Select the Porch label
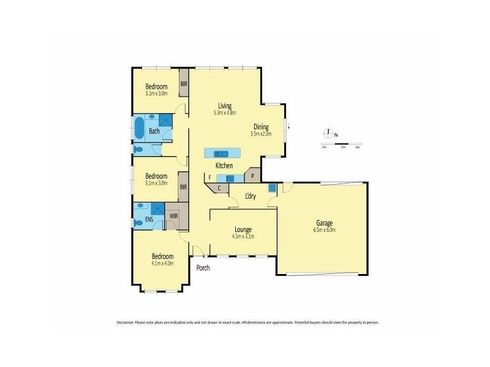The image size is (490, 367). point(203,267)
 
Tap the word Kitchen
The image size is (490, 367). point(224,166)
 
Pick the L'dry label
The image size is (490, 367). point(250,196)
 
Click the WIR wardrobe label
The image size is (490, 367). point(174,216)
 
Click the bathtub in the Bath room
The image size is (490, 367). point(140,130)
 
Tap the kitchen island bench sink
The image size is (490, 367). point(222,153)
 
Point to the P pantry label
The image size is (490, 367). point(252,176)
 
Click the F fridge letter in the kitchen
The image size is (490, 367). point(209,177)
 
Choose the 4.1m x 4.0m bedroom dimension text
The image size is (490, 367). point(163,264)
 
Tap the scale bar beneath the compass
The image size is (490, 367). point(341,144)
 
